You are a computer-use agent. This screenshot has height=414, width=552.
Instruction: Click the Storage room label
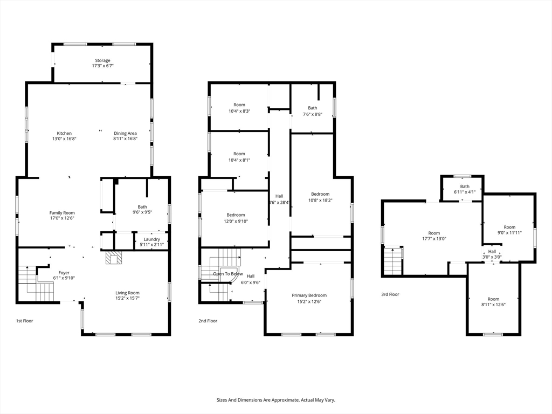(x=102, y=60)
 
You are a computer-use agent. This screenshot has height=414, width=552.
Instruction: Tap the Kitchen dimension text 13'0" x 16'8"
(x=65, y=139)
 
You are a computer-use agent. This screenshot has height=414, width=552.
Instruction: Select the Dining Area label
(x=125, y=134)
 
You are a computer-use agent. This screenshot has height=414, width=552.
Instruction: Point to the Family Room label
(x=62, y=212)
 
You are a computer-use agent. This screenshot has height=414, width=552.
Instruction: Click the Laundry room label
(x=151, y=239)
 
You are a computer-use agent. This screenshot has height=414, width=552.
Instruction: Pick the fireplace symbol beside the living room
(x=114, y=257)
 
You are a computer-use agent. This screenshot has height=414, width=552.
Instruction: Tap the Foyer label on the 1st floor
(x=64, y=273)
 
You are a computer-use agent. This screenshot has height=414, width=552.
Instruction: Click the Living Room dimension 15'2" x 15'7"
(x=127, y=298)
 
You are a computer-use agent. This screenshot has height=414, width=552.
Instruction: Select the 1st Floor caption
(x=25, y=321)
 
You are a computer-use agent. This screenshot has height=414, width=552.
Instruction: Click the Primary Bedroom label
(x=309, y=295)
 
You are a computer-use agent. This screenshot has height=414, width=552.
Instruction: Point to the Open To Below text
(x=228, y=274)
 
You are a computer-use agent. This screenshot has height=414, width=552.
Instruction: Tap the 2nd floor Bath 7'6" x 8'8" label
(x=313, y=111)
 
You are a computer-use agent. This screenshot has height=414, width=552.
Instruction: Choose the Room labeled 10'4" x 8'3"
(x=239, y=108)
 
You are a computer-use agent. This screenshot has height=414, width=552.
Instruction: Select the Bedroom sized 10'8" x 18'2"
(x=320, y=197)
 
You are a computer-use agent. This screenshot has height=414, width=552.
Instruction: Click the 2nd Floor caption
(x=208, y=321)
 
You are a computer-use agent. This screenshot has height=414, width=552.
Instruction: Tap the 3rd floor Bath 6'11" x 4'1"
(x=465, y=189)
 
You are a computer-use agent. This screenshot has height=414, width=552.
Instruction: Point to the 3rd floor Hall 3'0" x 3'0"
(x=492, y=254)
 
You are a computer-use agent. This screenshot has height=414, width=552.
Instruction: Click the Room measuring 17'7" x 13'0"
(x=434, y=236)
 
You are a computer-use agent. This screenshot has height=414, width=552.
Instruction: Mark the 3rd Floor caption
(x=390, y=294)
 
